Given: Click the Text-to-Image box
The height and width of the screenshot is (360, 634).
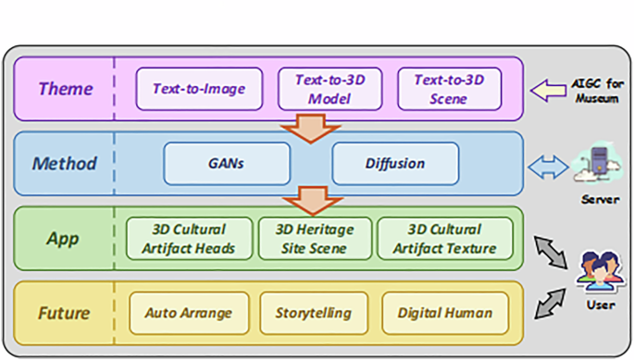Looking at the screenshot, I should [x=199, y=90].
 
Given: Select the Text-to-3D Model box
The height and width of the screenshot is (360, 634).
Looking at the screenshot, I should [x=329, y=90].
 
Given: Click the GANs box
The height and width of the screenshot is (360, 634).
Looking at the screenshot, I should [x=226, y=164].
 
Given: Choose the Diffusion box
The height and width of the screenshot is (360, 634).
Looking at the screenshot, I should [x=394, y=164].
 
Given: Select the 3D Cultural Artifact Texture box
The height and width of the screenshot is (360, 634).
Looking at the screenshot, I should [x=444, y=239].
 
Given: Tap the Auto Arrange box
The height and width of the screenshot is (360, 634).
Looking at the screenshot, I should [x=189, y=313].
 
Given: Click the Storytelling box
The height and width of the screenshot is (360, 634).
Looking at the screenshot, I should [x=313, y=313].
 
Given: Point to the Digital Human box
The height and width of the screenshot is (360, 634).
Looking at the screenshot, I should [x=444, y=313].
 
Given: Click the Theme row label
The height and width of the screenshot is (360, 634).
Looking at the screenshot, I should [x=65, y=90].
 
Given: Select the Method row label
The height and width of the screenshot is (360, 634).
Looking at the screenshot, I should [x=64, y=164].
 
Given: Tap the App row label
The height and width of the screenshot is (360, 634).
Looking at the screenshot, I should [x=63, y=239].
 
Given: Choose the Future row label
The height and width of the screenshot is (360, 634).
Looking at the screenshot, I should [x=64, y=313].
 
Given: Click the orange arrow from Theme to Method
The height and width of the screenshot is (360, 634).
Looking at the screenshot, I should [x=309, y=128].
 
